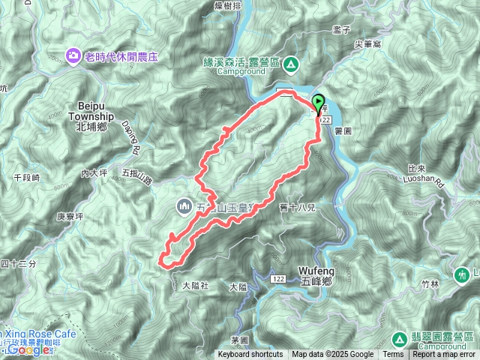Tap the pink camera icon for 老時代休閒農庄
point(73,54)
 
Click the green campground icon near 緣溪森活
point(290,63)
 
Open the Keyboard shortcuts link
point(250,355)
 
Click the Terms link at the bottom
point(393,355)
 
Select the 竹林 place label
point(430,284)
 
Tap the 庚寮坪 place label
point(72,217)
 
